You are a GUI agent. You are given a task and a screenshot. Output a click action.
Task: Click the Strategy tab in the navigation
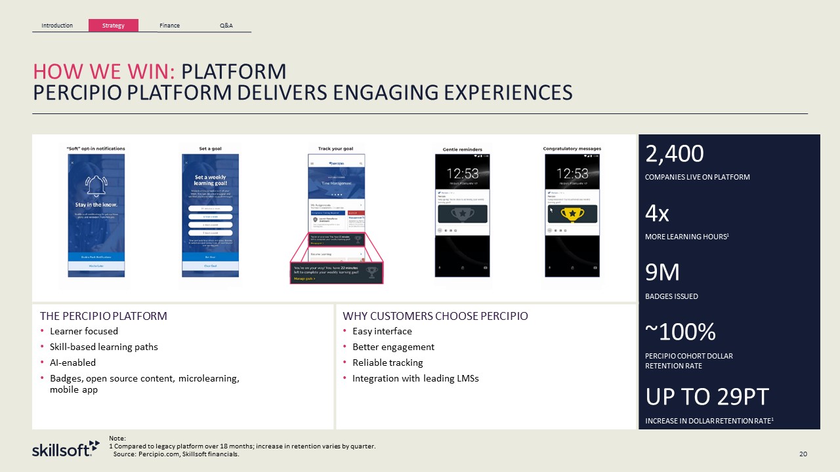(113, 26)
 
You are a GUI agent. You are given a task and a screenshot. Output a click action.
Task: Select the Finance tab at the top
(169, 26)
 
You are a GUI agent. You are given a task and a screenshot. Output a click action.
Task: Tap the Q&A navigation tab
(226, 26)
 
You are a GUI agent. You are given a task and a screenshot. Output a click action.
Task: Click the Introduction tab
(57, 26)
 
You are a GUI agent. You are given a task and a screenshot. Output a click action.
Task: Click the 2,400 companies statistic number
(675, 154)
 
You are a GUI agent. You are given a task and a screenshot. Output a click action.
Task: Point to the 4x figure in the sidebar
(658, 213)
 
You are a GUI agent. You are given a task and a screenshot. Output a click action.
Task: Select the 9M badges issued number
(663, 272)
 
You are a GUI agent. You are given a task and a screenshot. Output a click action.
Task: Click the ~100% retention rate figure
(681, 332)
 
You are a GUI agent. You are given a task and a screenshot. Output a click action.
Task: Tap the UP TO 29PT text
(707, 397)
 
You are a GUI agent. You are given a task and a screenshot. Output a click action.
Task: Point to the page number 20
(803, 454)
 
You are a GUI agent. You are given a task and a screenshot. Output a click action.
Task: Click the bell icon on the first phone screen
(96, 187)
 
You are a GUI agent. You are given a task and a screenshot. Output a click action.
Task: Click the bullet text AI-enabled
(73, 363)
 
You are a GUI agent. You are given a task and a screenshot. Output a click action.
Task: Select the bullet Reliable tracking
(387, 363)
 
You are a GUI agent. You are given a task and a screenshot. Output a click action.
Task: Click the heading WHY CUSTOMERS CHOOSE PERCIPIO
(435, 316)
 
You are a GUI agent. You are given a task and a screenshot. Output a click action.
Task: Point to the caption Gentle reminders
(462, 149)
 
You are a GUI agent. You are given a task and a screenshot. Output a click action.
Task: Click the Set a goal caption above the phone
(210, 149)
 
